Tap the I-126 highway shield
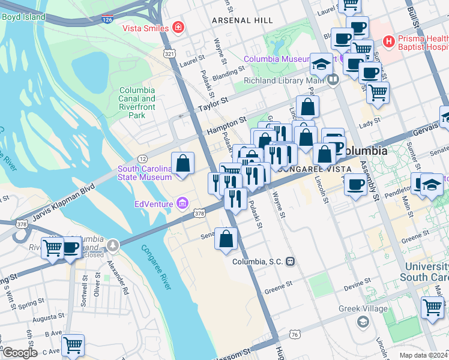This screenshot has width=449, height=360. tap(107, 20)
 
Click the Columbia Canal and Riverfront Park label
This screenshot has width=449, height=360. tap(137, 103)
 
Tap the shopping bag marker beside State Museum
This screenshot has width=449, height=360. tap(183, 164)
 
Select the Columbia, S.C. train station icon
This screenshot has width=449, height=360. tap(291, 262)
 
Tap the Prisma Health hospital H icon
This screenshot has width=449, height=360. tap(390, 42)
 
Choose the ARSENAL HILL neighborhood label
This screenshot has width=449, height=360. tap(238, 20)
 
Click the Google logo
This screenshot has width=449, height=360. tap(19, 353)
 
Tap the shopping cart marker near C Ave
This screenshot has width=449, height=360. tap(73, 344)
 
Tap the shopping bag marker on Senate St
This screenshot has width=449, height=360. tap(226, 239)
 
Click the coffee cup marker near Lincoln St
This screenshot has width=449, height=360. tap(356, 184)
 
